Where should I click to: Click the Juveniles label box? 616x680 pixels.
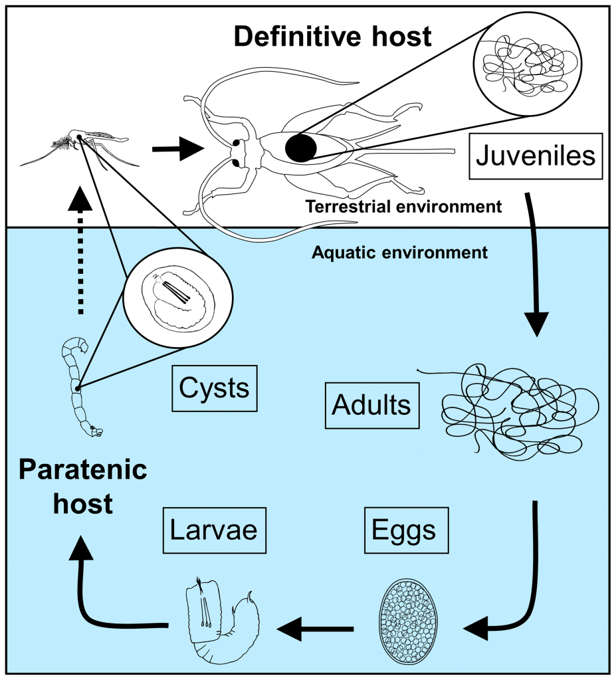(x=536, y=156)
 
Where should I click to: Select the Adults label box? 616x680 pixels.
(x=372, y=405)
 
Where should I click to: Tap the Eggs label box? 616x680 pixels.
(x=404, y=530)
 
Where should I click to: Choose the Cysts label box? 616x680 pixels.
(x=214, y=388)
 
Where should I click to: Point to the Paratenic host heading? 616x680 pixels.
(x=82, y=487)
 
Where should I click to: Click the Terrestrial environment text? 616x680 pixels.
(x=403, y=207)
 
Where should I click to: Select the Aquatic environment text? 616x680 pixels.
(x=399, y=253)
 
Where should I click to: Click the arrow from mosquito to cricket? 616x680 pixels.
(x=176, y=149)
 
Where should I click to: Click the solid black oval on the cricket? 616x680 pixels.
(x=301, y=148)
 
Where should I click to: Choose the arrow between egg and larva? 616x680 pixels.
(x=315, y=627)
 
